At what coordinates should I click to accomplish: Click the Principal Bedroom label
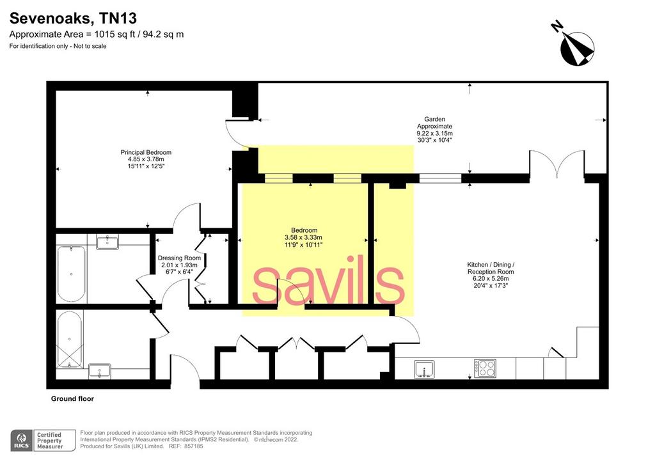pyautogui.click(x=146, y=152)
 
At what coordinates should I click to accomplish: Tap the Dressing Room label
pyautogui.click(x=179, y=258)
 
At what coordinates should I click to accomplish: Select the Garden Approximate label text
pyautogui.click(x=434, y=123)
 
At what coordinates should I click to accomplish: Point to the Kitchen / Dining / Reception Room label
pyautogui.click(x=491, y=268)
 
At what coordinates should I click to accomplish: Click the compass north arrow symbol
pyautogui.click(x=575, y=45)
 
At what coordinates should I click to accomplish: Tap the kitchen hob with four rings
pyautogui.click(x=485, y=368)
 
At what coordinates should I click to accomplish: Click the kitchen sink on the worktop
pyautogui.click(x=425, y=370)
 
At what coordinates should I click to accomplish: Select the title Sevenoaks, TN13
pyautogui.click(x=73, y=19)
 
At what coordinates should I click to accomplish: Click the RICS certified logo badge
pyautogui.click(x=43, y=441)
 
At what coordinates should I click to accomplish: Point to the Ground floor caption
pyautogui.click(x=72, y=398)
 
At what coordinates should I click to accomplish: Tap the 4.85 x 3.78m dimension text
pyautogui.click(x=146, y=159)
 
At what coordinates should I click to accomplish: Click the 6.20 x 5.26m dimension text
pyautogui.click(x=491, y=278)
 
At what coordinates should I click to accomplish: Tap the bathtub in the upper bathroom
pyautogui.click(x=72, y=274)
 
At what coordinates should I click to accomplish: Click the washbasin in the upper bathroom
pyautogui.click(x=107, y=242)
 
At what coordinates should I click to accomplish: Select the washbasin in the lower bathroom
pyautogui.click(x=100, y=371)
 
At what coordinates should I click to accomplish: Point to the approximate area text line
pyautogui.click(x=97, y=35)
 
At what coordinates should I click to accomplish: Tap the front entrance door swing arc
pyautogui.click(x=189, y=363)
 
